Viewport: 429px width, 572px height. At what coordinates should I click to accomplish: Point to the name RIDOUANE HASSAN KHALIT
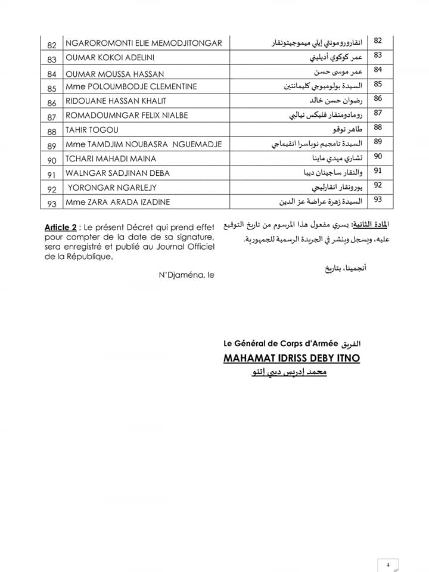tap(116, 101)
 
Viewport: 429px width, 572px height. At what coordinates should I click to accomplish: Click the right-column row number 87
tap(378, 113)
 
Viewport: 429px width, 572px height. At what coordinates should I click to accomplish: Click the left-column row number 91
tap(52, 174)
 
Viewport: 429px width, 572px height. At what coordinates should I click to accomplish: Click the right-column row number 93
tap(378, 200)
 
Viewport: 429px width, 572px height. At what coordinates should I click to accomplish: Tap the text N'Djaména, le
tap(186, 275)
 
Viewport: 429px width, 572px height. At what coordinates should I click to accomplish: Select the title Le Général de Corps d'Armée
tap(281, 344)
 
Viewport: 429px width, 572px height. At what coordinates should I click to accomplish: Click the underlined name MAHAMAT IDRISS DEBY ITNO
tap(291, 358)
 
